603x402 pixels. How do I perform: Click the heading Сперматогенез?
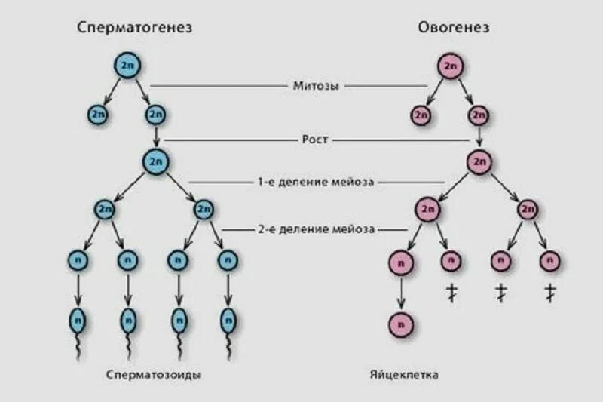pos(135,28)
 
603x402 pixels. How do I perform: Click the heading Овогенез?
pos(454,28)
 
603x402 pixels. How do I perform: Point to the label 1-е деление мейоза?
pos(316,182)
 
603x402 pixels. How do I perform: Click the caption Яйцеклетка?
pos(404,374)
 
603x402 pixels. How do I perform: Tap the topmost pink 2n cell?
pos(451,66)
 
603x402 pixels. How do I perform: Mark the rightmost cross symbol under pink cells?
pos(550,293)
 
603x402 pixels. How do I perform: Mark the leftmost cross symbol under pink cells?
pos(451,293)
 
